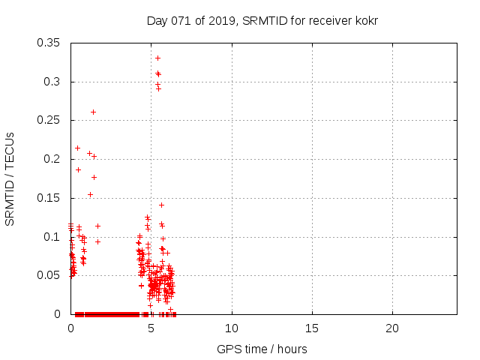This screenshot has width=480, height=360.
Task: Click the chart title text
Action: pyautogui.click(x=262, y=20)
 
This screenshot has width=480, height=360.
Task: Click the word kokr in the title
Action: pyautogui.click(x=364, y=20)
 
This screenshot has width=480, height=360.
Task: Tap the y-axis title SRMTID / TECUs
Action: pyautogui.click(x=10, y=178)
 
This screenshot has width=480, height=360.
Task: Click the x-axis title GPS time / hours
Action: pyautogui.click(x=262, y=349)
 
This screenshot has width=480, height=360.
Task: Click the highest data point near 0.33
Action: pyautogui.click(x=157, y=58)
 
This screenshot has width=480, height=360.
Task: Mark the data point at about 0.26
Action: pyautogui.click(x=93, y=112)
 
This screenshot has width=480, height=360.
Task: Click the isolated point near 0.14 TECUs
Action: pyautogui.click(x=161, y=205)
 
